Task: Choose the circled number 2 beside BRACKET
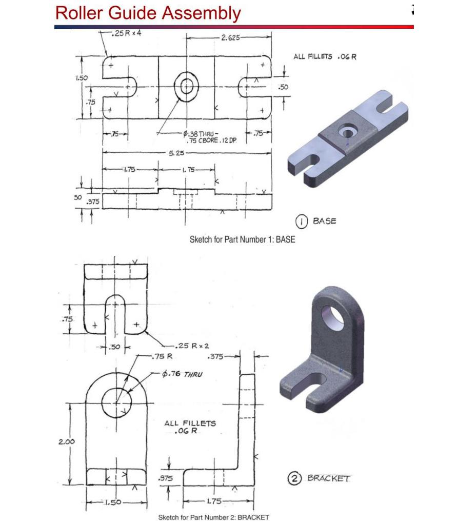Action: pyautogui.click(x=294, y=479)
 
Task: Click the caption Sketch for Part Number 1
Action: pyautogui.click(x=242, y=239)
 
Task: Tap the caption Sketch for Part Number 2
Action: pyautogui.click(x=213, y=517)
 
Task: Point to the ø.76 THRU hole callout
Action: pyautogui.click(x=178, y=374)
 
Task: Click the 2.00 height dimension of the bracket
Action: pyautogui.click(x=66, y=441)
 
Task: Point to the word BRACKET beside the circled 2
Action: pyautogui.click(x=328, y=479)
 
